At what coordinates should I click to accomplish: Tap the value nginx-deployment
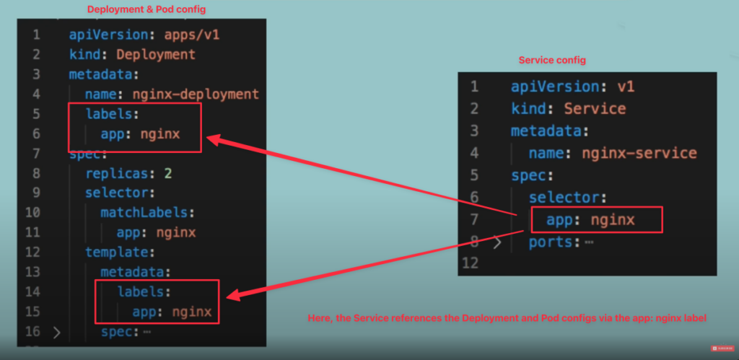click(196, 94)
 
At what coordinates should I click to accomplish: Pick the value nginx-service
click(641, 153)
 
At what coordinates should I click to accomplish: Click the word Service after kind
click(595, 109)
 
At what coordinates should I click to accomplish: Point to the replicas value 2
click(168, 173)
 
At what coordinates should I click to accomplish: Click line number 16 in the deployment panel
click(32, 332)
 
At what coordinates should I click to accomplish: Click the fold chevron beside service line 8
click(497, 242)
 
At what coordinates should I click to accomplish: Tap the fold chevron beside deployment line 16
click(58, 333)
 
